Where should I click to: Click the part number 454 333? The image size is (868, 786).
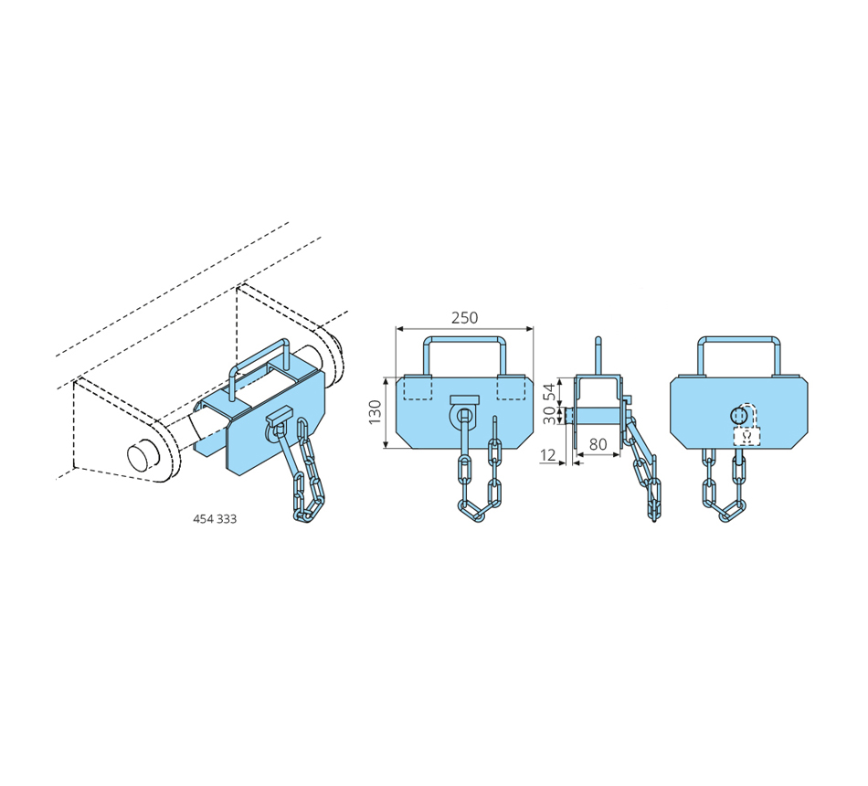point(215,519)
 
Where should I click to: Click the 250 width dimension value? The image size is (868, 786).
point(464,318)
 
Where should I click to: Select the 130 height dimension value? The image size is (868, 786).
point(376,413)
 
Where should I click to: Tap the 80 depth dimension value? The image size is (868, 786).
point(598,444)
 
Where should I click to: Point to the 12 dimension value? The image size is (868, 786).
point(547,455)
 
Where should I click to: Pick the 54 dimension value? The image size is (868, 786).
point(549,392)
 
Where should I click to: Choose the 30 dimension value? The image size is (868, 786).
point(549,415)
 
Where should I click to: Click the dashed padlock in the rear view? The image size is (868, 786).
point(746,427)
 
